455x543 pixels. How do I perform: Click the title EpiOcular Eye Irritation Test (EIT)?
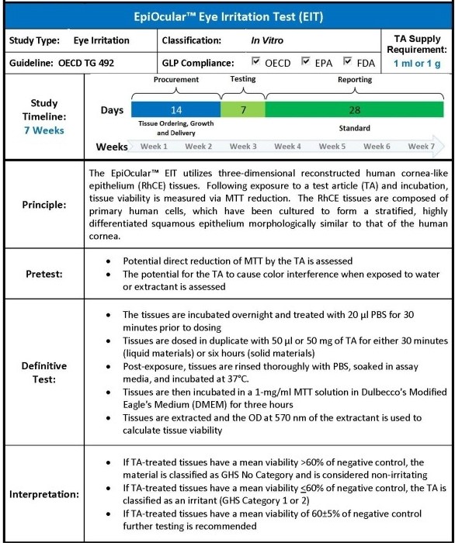(227, 15)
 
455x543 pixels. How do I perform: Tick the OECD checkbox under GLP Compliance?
(258, 61)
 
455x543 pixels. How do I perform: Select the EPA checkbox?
(307, 61)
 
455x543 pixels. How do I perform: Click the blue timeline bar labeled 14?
(175, 110)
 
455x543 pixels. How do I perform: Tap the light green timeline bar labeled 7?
(243, 110)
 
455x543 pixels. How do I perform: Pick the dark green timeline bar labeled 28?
(354, 110)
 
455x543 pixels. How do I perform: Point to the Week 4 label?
(288, 146)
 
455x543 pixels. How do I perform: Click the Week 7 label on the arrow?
(422, 146)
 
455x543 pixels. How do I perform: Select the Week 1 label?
(154, 146)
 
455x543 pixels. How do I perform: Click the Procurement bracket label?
(175, 79)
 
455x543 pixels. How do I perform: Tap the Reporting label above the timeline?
(354, 79)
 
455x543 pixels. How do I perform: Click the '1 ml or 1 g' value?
(419, 62)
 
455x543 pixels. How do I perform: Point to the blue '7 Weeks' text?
(43, 130)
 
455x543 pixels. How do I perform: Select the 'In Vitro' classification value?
(267, 40)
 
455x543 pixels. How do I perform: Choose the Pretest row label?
(43, 275)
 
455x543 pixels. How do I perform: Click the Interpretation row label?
(43, 493)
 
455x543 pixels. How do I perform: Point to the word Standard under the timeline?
(354, 127)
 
